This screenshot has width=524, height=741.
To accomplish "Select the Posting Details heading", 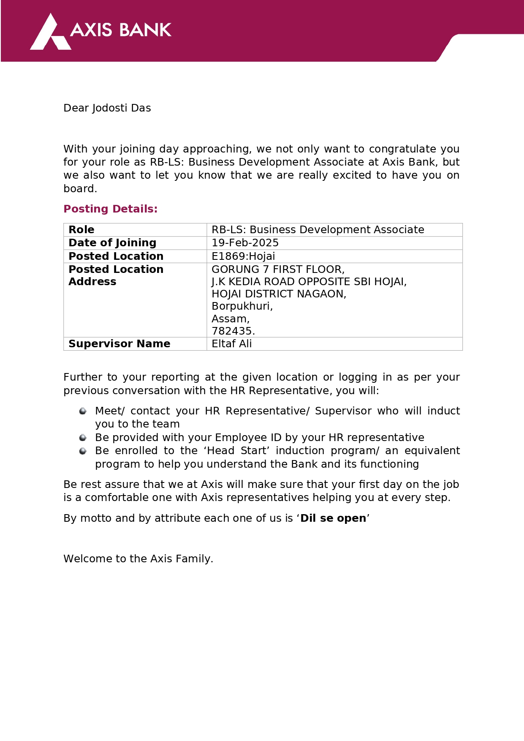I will click(x=110, y=209).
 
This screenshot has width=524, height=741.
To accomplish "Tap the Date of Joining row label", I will click(x=112, y=243).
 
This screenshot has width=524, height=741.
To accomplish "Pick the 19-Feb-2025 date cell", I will click(x=245, y=243).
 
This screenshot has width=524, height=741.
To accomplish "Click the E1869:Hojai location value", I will click(x=243, y=256).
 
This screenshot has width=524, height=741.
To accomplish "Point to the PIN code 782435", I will click(x=233, y=331).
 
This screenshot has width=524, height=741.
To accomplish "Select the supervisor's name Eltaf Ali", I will click(x=231, y=344).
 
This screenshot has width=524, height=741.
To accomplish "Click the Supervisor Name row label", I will click(x=119, y=344).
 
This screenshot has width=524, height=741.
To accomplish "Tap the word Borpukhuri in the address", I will click(x=242, y=306).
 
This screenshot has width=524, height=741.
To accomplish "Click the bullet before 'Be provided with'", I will click(x=83, y=438).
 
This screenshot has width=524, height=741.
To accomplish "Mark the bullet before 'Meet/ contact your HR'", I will click(x=83, y=411).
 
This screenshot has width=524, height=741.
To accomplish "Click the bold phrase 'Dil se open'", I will click(x=333, y=518).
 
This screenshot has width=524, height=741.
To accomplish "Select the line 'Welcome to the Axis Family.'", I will click(x=138, y=559).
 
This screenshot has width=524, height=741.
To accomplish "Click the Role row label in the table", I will click(x=81, y=230).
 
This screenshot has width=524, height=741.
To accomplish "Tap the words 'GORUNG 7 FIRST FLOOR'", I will click(x=277, y=270).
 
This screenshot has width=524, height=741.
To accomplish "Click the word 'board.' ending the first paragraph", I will click(x=80, y=189).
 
